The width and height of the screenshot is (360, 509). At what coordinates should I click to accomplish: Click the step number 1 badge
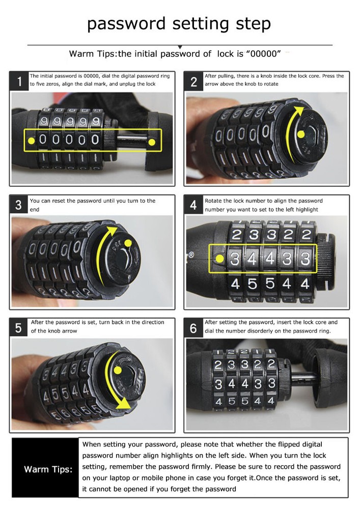point(19,81)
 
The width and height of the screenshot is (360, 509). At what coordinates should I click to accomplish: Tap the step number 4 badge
point(193,205)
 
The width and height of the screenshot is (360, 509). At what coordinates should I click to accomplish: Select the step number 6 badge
point(193,328)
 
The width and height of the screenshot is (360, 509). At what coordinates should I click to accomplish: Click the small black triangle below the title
point(179,47)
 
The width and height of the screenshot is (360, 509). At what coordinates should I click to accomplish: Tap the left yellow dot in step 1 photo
point(32,140)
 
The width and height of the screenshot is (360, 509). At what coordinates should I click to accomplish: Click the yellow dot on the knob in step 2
point(301,134)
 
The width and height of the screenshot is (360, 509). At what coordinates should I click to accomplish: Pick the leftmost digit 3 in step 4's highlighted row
point(235,258)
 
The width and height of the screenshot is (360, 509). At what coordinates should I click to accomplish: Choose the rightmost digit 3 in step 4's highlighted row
point(306,258)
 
